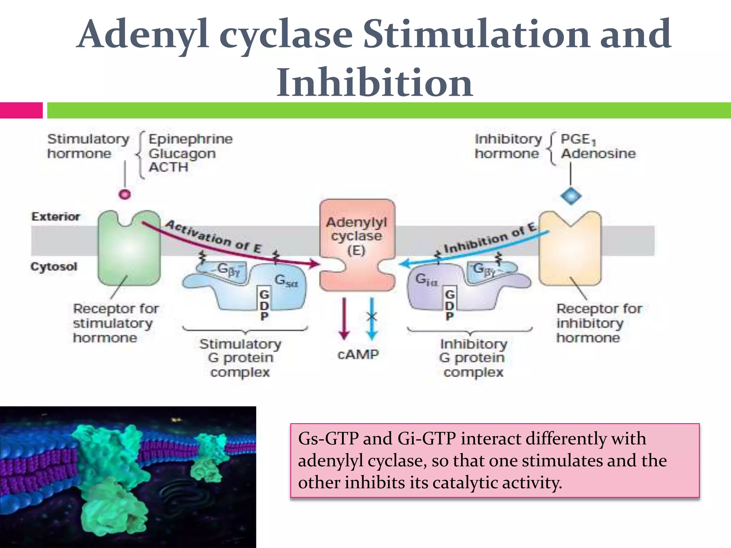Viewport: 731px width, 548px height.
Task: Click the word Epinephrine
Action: point(190,139)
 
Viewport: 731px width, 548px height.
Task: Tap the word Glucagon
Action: point(182,154)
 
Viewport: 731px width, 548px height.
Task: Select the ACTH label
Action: point(168,167)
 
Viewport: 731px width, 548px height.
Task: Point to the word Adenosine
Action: point(598,154)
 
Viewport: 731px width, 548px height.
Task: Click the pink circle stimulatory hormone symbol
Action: point(125,194)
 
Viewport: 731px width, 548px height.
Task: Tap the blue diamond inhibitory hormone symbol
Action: point(571,196)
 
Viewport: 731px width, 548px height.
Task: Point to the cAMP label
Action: point(358,355)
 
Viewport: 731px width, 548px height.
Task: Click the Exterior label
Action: point(56,217)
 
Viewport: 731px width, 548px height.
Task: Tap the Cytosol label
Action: point(54,267)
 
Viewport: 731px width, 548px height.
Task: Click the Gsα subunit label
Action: point(286,281)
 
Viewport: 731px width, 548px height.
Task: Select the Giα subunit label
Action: point(426,279)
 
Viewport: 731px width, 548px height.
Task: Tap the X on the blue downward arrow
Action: point(372,316)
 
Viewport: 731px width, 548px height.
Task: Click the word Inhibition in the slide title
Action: point(375,83)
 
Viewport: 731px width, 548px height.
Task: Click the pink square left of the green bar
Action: point(21,110)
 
